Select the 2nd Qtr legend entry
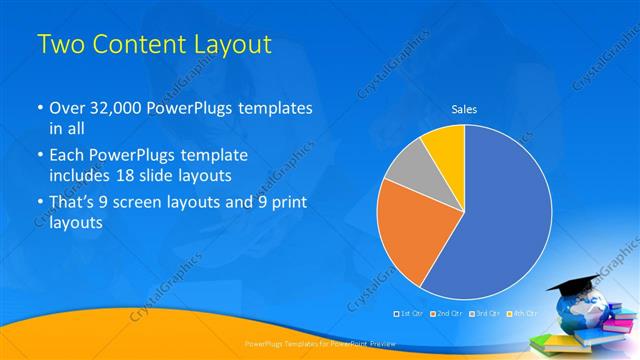[x=447, y=314]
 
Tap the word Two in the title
[x=58, y=45]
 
